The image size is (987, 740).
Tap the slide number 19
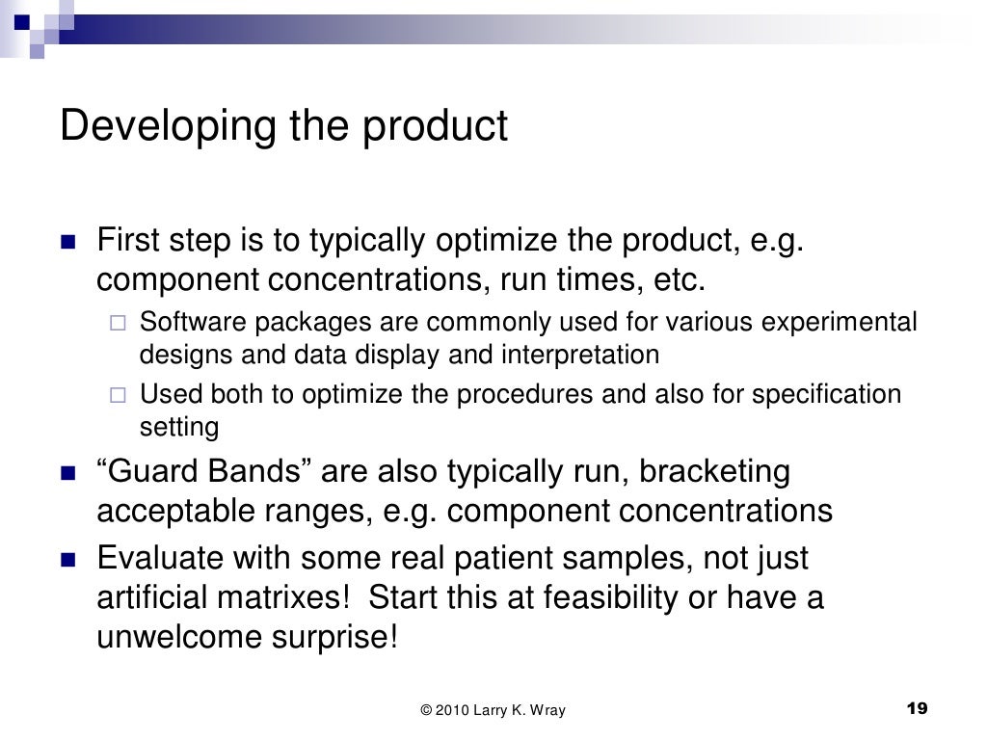[x=918, y=710]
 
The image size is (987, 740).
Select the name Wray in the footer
[x=546, y=711]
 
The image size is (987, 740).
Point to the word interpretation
[x=579, y=355]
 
